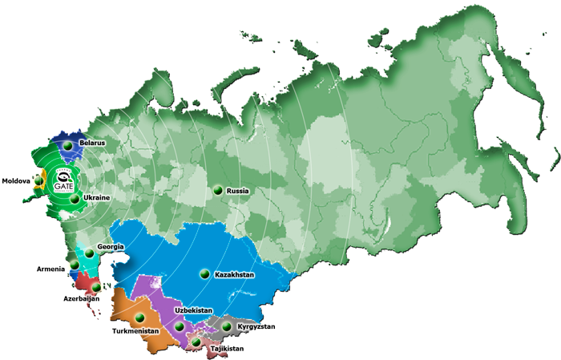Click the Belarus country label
(x=95, y=144)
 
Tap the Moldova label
(x=16, y=181)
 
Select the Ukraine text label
(x=96, y=197)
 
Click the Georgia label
(x=110, y=246)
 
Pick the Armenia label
(x=50, y=269)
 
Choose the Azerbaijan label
(x=81, y=298)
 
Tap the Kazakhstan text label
(x=235, y=274)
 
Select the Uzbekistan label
(x=193, y=309)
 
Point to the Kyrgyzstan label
(x=257, y=327)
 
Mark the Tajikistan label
(x=227, y=349)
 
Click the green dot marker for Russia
(x=217, y=191)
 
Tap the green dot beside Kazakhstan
(x=205, y=274)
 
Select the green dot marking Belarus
(x=69, y=145)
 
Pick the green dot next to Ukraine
(x=75, y=198)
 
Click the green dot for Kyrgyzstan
(x=228, y=327)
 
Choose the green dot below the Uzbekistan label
(x=179, y=327)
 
